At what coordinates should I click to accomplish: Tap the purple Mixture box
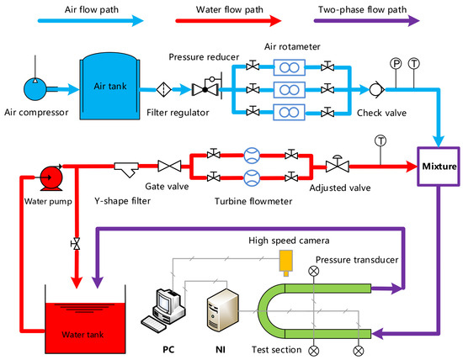pyautogui.click(x=439, y=167)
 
